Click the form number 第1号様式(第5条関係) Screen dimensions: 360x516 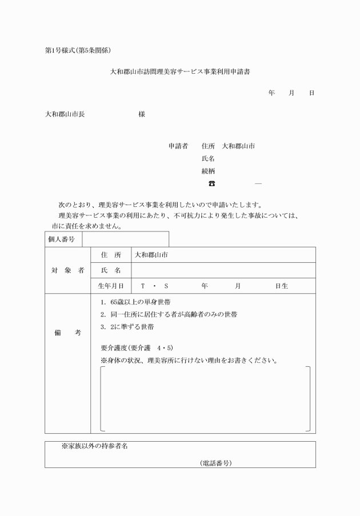click(81, 51)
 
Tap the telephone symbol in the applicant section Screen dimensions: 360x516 click(211, 183)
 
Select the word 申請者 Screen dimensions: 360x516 click(178, 146)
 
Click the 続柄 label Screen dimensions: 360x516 click(208, 171)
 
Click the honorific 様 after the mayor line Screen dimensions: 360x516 click(142, 114)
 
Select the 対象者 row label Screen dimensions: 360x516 click(67, 270)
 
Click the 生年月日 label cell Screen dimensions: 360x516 click(111, 285)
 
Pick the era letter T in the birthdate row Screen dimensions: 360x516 click(143, 285)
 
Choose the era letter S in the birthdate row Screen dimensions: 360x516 click(166, 285)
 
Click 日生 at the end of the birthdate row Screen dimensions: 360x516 click(281, 285)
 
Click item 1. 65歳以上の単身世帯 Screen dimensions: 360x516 click(135, 302)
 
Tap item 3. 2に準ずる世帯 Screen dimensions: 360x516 click(127, 327)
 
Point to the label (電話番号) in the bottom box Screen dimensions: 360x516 click(215, 463)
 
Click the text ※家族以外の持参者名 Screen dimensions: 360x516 click(94, 446)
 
